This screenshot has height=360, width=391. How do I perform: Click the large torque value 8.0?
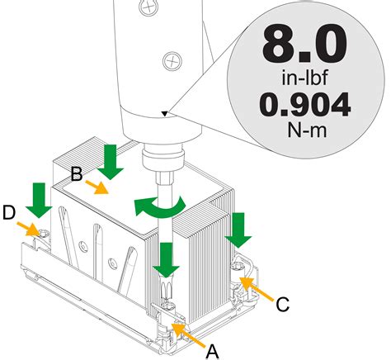[x=305, y=43]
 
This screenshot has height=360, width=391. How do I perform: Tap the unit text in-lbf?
[x=305, y=78]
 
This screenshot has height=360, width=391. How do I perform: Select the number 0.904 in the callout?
[x=305, y=105]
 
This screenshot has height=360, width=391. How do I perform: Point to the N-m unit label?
[x=307, y=130]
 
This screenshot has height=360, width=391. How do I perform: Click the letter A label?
[x=213, y=352]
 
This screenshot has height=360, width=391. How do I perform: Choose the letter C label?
[x=282, y=304]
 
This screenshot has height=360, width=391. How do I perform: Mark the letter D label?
[x=8, y=212]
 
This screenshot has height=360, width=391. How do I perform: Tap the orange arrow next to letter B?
[x=97, y=187]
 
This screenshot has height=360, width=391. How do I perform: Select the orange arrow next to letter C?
[x=257, y=288]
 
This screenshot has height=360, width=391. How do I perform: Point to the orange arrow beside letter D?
[x=28, y=230]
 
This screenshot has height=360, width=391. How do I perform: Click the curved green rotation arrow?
[x=159, y=206]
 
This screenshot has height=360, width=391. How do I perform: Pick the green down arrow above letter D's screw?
[x=39, y=201]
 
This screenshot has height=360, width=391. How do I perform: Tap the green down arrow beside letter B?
[x=111, y=163]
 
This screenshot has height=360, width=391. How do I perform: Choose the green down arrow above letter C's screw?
[x=238, y=230]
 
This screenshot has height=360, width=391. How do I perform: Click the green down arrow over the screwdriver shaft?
[x=166, y=260]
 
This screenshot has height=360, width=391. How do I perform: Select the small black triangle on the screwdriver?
[x=164, y=114]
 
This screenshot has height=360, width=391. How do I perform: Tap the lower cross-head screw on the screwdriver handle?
[x=172, y=61]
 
